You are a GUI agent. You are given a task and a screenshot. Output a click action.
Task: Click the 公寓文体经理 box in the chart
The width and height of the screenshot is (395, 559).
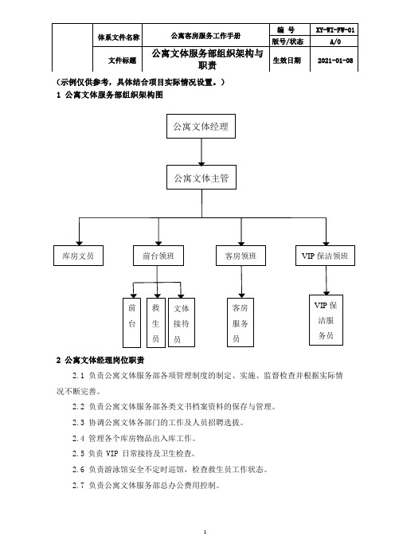click(201, 126)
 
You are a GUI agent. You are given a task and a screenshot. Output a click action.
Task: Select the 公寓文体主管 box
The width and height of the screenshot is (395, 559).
click(201, 178)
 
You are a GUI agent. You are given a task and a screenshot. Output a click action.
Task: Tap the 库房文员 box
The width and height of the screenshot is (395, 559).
click(78, 256)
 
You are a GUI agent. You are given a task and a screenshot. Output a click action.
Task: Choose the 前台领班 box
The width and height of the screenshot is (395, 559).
click(158, 256)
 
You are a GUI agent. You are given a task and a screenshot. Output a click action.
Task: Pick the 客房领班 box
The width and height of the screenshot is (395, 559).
click(241, 256)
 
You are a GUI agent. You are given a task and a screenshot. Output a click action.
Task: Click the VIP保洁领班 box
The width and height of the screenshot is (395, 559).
click(325, 256)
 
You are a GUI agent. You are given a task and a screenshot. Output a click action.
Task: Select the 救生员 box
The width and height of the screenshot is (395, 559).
click(156, 322)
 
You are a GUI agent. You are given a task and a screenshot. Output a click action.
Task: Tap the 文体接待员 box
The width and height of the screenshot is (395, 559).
click(182, 322)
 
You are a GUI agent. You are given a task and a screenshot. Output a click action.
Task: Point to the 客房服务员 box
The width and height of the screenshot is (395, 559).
click(241, 322)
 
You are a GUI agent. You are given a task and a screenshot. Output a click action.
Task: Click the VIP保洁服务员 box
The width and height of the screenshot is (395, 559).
click(326, 320)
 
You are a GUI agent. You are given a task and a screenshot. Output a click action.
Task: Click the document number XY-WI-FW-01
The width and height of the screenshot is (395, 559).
click(335, 30)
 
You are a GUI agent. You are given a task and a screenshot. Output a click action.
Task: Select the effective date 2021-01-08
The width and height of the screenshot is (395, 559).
click(335, 61)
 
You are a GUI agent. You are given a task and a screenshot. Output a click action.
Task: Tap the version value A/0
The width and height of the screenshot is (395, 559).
click(335, 41)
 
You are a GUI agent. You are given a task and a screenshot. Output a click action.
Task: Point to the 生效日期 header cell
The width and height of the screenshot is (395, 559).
click(287, 61)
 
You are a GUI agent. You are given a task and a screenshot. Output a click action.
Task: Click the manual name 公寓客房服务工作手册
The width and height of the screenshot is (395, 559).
click(205, 36)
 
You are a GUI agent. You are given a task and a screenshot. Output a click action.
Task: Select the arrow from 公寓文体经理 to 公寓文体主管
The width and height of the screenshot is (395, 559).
click(201, 152)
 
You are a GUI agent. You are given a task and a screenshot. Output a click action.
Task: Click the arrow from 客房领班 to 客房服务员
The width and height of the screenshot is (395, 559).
click(241, 282)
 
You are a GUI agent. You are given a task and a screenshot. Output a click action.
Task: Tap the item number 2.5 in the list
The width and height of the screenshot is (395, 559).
click(78, 454)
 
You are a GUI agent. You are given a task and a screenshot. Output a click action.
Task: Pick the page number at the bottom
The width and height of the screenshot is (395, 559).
click(205, 532)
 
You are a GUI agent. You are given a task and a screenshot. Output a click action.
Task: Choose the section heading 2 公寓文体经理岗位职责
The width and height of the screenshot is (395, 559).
click(100, 361)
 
